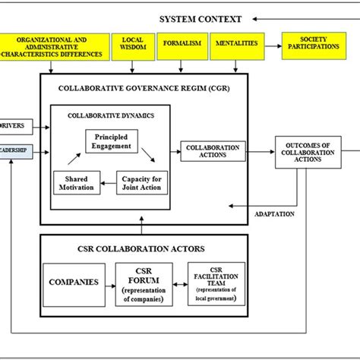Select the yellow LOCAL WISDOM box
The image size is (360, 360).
[x=133, y=47]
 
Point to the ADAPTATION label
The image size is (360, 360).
[x=274, y=214]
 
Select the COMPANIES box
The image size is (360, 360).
[x=74, y=282]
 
